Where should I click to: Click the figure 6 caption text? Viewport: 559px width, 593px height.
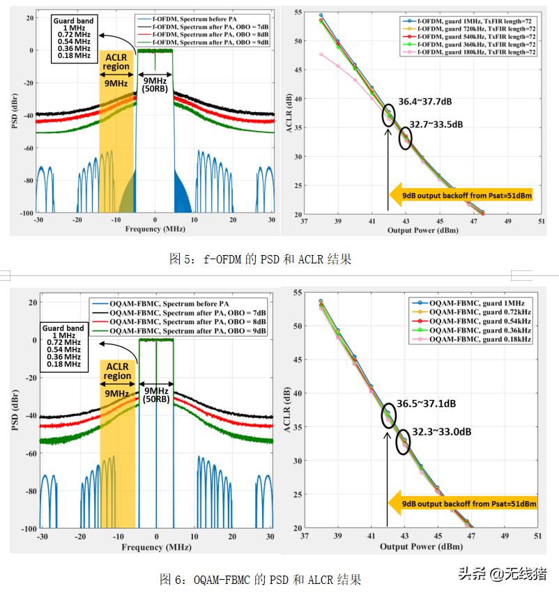(x=260, y=579)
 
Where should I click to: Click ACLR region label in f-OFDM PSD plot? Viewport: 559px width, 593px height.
(x=116, y=62)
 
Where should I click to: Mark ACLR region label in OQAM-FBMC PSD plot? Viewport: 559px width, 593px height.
(x=117, y=371)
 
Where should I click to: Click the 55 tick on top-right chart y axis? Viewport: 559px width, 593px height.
(x=298, y=13)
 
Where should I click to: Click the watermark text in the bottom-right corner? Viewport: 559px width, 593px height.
(x=502, y=573)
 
